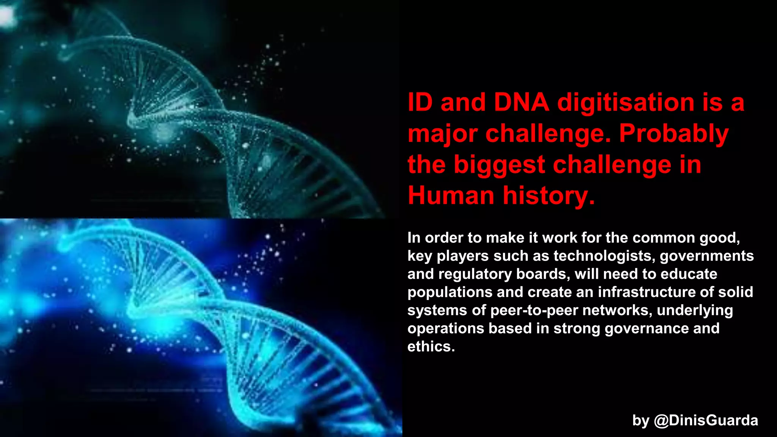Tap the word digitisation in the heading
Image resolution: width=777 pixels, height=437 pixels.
tap(626, 103)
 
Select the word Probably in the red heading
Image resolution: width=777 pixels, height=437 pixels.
tap(674, 134)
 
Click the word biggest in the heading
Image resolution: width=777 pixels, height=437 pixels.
tap(499, 165)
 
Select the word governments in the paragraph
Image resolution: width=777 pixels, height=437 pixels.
tap(706, 256)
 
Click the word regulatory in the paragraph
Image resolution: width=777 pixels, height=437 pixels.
tap(475, 274)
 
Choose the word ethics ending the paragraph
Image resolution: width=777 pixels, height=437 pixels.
tap(431, 346)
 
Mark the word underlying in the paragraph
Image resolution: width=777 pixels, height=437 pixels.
tap(695, 310)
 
